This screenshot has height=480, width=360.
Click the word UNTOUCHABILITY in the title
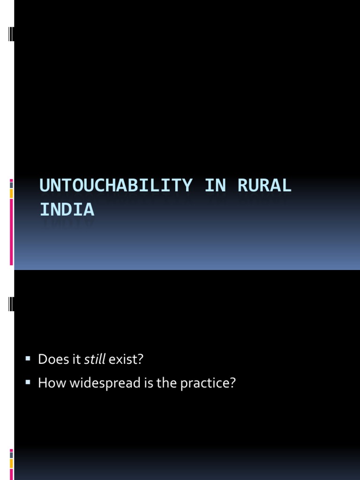(x=116, y=186)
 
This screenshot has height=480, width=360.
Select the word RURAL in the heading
(x=264, y=186)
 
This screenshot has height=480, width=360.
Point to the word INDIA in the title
(x=67, y=210)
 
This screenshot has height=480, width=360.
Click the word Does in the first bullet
(x=50, y=360)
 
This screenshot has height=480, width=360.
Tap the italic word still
(x=94, y=360)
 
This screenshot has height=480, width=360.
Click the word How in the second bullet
(x=49, y=383)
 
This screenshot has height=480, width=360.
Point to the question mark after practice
(x=232, y=383)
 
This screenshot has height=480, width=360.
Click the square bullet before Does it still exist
(x=28, y=359)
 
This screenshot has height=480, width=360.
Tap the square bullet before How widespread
(x=28, y=382)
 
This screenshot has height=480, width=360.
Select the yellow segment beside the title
(x=11, y=194)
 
